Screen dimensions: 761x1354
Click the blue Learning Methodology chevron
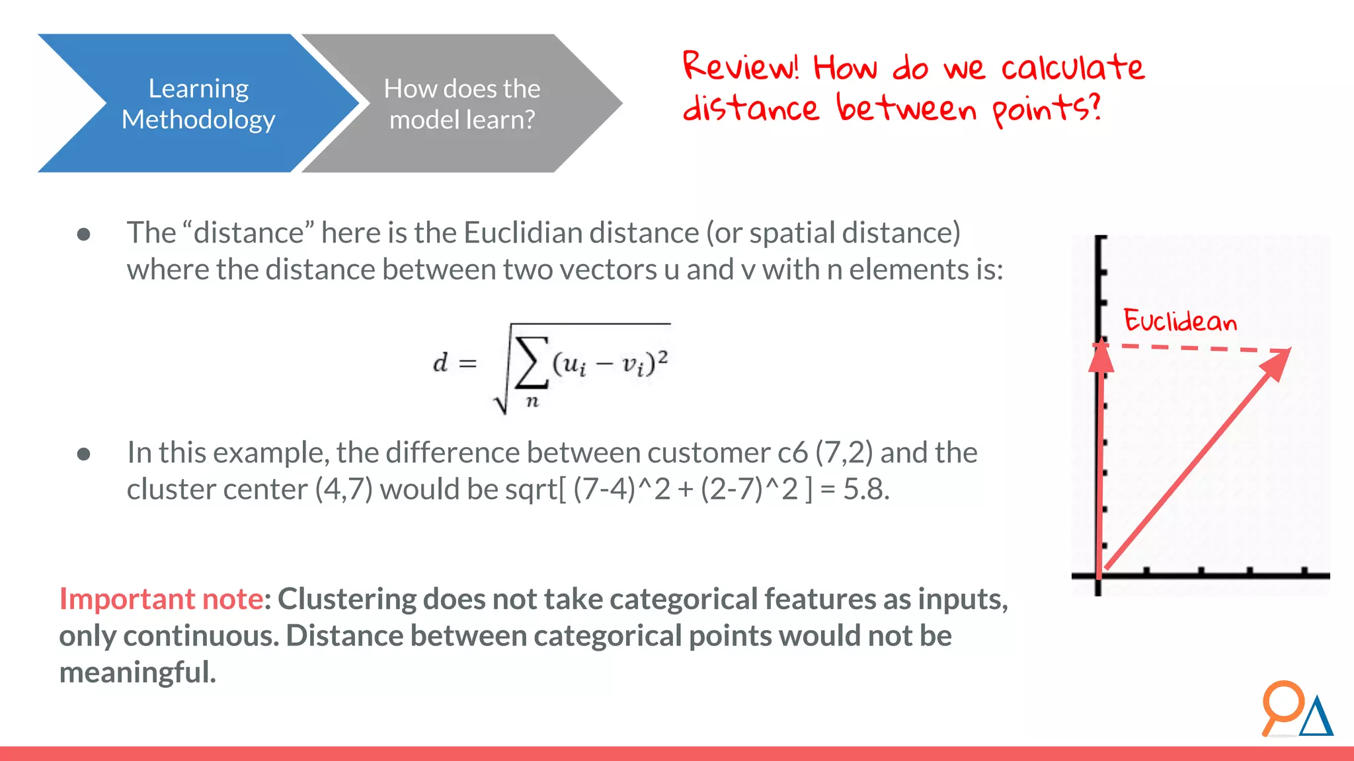point(198,104)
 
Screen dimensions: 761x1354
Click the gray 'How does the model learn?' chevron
point(461,104)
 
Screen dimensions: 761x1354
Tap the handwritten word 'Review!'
point(740,66)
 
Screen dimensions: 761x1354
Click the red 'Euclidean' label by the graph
point(1180,321)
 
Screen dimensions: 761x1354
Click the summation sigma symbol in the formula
point(532,361)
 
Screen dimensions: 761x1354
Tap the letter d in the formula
point(440,363)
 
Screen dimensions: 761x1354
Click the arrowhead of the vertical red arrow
point(1101,357)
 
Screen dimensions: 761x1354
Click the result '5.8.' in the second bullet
point(866,489)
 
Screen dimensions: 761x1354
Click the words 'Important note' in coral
point(161,599)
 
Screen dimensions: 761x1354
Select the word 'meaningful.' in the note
point(138,672)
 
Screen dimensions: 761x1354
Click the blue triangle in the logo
point(1316,719)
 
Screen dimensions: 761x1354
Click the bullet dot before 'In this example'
point(84,454)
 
